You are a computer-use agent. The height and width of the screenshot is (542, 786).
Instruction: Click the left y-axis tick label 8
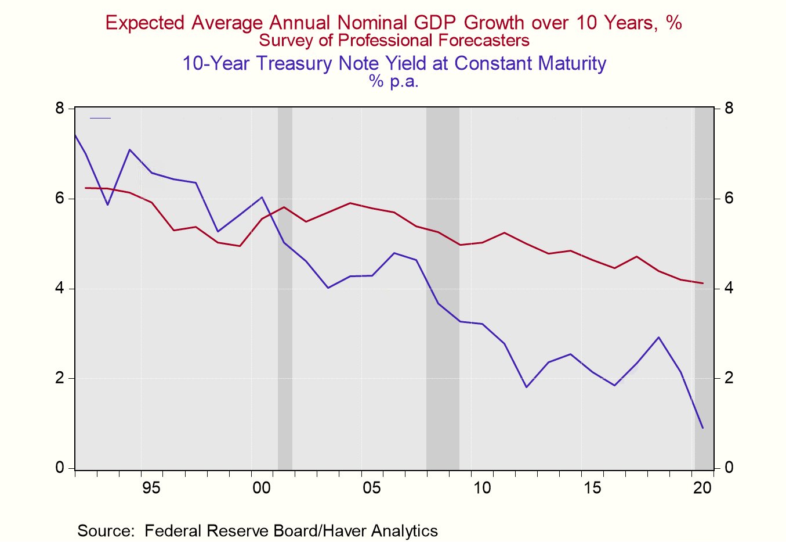(x=60, y=109)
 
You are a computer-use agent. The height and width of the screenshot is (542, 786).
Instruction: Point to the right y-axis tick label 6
(x=729, y=199)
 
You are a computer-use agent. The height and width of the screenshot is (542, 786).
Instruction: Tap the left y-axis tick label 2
(x=60, y=378)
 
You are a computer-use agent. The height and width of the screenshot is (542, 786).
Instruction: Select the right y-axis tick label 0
(x=729, y=468)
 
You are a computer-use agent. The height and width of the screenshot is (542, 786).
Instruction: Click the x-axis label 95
(x=151, y=488)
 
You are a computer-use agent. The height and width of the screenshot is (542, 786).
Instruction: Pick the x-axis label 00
(x=262, y=488)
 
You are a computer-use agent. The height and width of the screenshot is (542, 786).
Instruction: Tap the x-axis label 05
(x=372, y=488)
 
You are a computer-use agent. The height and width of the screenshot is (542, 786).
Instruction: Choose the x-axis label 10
(x=482, y=488)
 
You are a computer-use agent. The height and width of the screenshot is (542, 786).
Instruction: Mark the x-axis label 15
(x=592, y=488)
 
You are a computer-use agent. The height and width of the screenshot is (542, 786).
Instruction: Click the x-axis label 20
(x=702, y=488)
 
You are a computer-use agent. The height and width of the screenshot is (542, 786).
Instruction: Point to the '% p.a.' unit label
(x=393, y=81)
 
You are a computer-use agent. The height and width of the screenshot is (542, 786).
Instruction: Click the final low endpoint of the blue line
(x=702, y=428)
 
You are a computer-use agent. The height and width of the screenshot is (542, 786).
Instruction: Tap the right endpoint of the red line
(x=702, y=283)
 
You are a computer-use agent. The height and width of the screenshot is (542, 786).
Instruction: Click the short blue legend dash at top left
(x=100, y=119)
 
